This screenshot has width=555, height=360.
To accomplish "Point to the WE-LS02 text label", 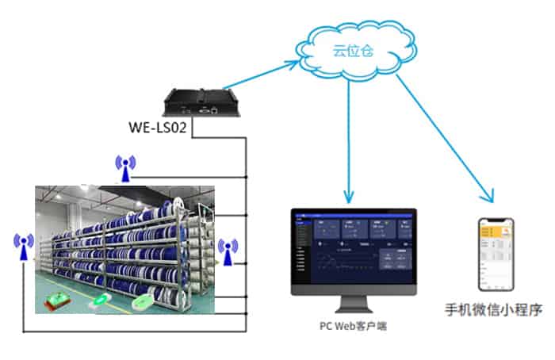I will (157, 127).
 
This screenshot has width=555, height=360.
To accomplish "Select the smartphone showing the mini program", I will (495, 254).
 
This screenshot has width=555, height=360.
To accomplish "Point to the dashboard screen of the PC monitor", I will (354, 251).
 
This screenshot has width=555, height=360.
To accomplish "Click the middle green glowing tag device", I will (102, 302).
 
